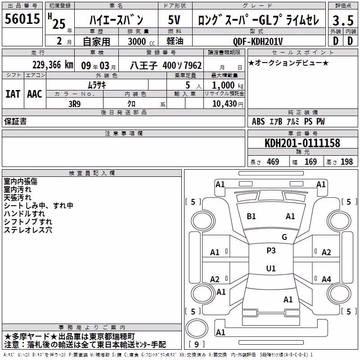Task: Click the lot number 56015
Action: pos(22,19)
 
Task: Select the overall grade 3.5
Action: pos(343,21)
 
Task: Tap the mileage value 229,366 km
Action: pos(53,65)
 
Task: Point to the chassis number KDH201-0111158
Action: pos(302,143)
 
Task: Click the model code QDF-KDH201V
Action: pos(258,41)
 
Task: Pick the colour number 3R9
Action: pos(75,104)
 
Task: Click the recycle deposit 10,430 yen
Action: pos(228,104)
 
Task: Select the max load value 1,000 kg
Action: pos(228,85)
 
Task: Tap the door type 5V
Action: pos(174,20)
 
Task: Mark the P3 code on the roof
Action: pos(271,251)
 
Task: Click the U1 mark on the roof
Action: pos(271,268)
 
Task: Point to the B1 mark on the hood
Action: pos(251,216)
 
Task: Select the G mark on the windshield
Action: pos(284,237)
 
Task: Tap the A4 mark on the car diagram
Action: pos(326,279)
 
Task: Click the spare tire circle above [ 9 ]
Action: pos(197,328)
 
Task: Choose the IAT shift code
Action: pos(13,94)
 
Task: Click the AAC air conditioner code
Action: pos(35,94)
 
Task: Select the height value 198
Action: pos(346,162)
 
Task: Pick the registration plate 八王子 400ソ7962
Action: pos(166,66)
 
